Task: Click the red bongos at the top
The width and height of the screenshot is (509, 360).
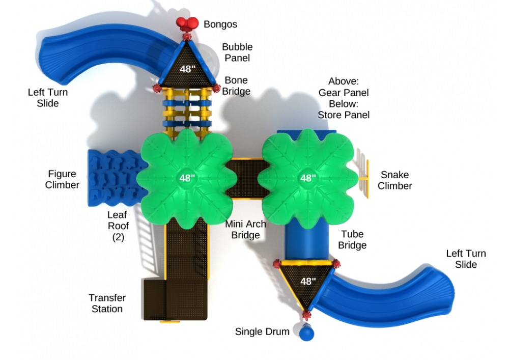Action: pyautogui.click(x=187, y=23)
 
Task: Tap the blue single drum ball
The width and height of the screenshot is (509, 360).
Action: pyautogui.click(x=306, y=334)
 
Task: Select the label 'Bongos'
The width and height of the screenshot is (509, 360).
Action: pyautogui.click(x=220, y=24)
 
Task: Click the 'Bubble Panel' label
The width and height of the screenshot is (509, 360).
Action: pyautogui.click(x=237, y=52)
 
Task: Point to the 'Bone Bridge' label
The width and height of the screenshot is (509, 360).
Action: pyautogui.click(x=236, y=86)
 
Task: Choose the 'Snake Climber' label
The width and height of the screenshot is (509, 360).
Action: pyautogui.click(x=395, y=180)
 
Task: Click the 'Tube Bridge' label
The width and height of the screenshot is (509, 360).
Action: pyautogui.click(x=352, y=239)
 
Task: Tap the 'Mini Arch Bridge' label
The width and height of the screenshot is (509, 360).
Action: pyautogui.click(x=246, y=230)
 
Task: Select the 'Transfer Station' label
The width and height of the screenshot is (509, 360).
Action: pyautogui.click(x=107, y=303)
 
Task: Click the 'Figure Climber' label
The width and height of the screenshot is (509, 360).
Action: pyautogui.click(x=62, y=179)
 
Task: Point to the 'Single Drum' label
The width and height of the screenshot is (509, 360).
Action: pyautogui.click(x=262, y=331)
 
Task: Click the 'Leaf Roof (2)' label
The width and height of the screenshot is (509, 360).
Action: pyautogui.click(x=118, y=226)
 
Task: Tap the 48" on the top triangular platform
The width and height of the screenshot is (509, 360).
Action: pyautogui.click(x=188, y=69)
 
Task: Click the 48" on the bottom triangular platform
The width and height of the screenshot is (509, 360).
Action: pyautogui.click(x=308, y=281)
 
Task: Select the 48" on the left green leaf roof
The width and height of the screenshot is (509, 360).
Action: pyautogui.click(x=187, y=178)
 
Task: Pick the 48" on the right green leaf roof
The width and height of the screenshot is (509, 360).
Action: pyautogui.click(x=308, y=178)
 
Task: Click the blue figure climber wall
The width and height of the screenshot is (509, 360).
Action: pyautogui.click(x=115, y=178)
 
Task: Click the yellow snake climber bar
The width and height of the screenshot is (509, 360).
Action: pyautogui.click(x=367, y=179)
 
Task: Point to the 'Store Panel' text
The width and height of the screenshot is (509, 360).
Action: pyautogui.click(x=344, y=115)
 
